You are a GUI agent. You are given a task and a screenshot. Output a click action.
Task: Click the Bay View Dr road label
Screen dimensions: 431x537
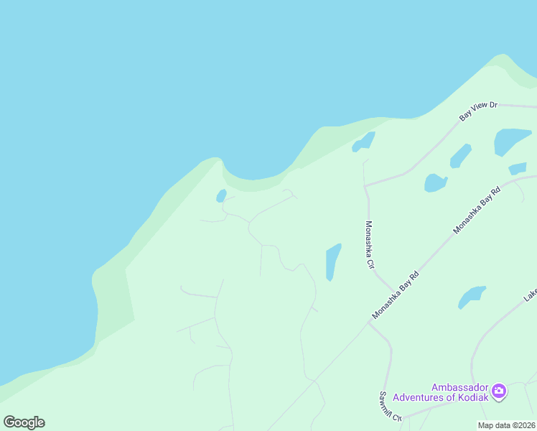[x=479, y=110]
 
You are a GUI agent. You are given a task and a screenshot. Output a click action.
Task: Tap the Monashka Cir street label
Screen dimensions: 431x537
[x=370, y=245]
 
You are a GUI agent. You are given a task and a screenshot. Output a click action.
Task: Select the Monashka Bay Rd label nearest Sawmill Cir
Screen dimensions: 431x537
[x=395, y=295]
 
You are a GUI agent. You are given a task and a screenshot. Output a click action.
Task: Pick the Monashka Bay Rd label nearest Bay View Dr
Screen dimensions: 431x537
[x=476, y=211]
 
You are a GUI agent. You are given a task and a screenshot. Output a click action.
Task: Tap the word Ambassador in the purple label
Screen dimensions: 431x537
[x=459, y=386]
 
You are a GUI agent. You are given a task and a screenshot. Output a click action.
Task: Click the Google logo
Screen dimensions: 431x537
[x=24, y=422]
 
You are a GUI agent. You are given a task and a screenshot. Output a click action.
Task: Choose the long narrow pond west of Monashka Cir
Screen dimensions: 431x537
[x=332, y=261]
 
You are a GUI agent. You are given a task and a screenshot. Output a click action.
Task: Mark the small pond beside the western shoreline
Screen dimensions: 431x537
[x=221, y=196]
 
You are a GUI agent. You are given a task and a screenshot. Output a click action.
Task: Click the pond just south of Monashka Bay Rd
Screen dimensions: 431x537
[x=471, y=296]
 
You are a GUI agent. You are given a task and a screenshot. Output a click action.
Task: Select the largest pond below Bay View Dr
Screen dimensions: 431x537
[x=512, y=141]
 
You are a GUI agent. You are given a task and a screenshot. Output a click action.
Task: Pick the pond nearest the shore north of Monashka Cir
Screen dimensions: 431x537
[x=364, y=142]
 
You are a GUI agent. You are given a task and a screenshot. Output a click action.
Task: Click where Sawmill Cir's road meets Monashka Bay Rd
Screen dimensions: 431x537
[x=370, y=323]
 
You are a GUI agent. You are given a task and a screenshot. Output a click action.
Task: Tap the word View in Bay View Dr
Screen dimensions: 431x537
[x=479, y=110]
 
